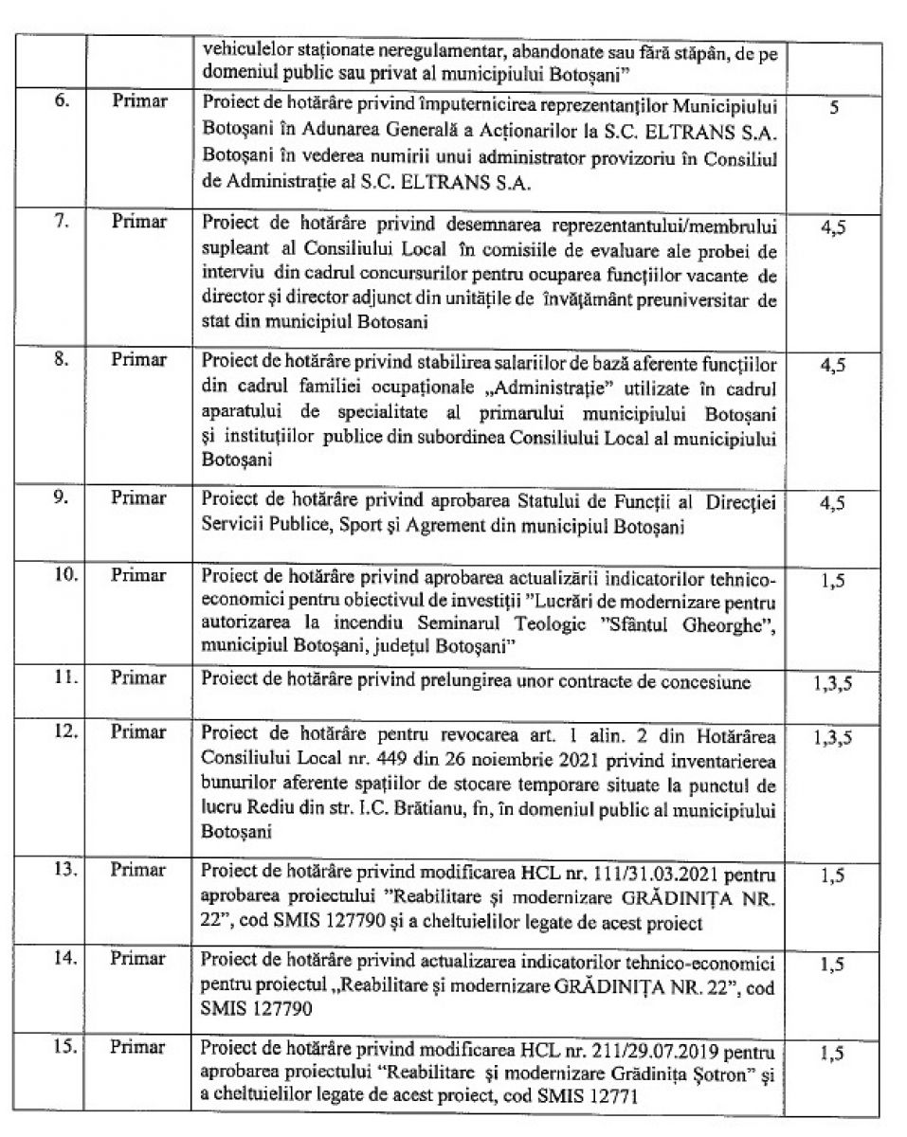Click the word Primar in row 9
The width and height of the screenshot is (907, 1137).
click(x=138, y=497)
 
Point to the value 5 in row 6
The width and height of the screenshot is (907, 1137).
click(x=833, y=109)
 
